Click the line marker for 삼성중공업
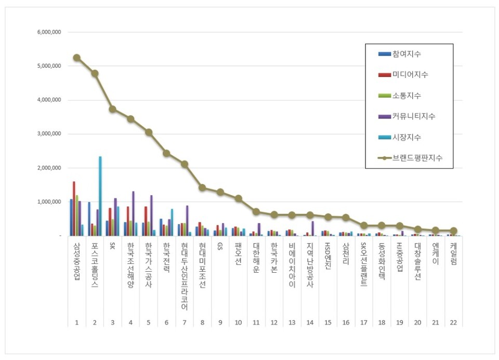pyautogui.click(x=77, y=58)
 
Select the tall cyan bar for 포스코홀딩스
pyautogui.click(x=100, y=196)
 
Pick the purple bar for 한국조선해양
pyautogui.click(x=133, y=214)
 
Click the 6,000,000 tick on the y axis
pyautogui.click(x=49, y=32)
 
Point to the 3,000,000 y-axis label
pyautogui.click(x=49, y=134)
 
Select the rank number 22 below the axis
pyautogui.click(x=453, y=323)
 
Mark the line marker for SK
pyautogui.click(x=113, y=109)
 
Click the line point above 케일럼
pyautogui.click(x=453, y=231)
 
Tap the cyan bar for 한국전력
pyautogui.click(x=172, y=222)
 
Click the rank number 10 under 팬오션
pyautogui.click(x=238, y=323)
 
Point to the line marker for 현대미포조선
pyautogui.click(x=202, y=188)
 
